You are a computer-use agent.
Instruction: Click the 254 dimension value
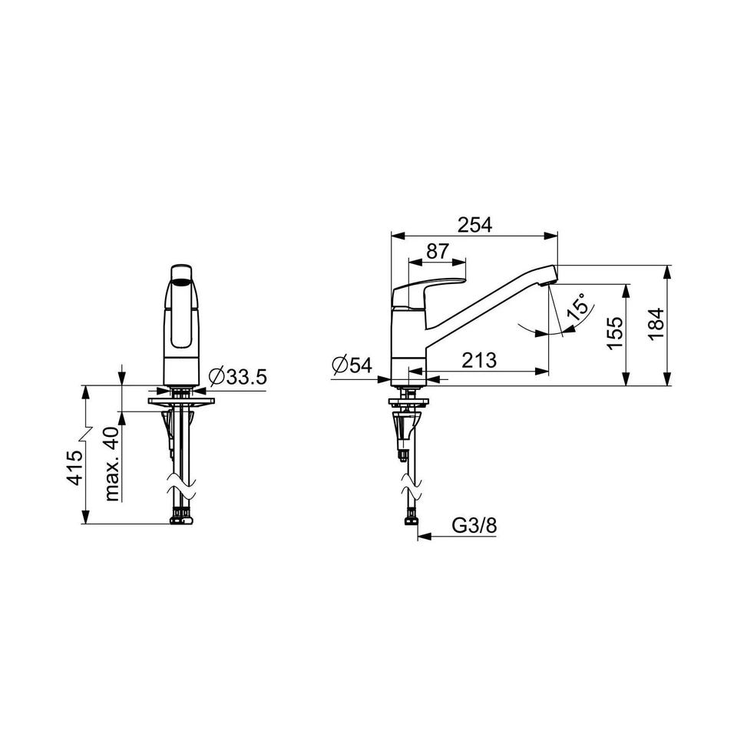point(474,225)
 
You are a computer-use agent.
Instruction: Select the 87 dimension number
point(438,252)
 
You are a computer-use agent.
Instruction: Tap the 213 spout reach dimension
point(479,361)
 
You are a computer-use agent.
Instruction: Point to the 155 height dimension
point(614,332)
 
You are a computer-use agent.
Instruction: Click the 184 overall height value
point(656,324)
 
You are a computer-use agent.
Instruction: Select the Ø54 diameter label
point(352,365)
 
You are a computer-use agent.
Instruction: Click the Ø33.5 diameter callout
point(238,376)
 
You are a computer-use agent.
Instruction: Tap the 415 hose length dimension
point(75,468)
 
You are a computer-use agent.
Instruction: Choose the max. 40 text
point(112,464)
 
